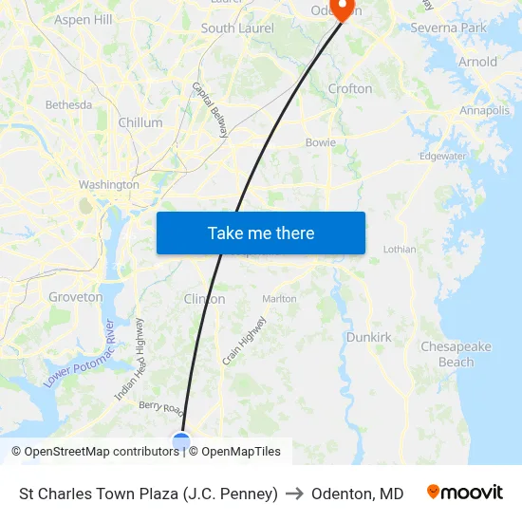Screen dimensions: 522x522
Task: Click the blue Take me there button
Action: tap(260, 233)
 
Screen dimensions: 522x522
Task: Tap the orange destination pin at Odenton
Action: tap(344, 9)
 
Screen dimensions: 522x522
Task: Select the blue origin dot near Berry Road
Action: tap(180, 440)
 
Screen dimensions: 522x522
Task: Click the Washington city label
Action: tap(109, 184)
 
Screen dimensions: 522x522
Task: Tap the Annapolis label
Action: tap(484, 111)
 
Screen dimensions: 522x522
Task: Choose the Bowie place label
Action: tap(320, 142)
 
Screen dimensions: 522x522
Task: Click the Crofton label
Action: tap(349, 88)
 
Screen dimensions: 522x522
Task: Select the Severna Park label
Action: tap(448, 28)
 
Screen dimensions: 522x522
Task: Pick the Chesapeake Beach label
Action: tap(456, 354)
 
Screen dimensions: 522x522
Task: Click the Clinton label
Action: tap(204, 299)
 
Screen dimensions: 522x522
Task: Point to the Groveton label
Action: tap(76, 297)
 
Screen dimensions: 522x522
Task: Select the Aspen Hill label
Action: tap(84, 19)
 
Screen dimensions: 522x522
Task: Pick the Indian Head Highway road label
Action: tap(130, 371)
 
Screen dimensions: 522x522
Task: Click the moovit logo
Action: tap(465, 493)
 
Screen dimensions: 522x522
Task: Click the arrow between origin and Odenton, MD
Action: tap(294, 494)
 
